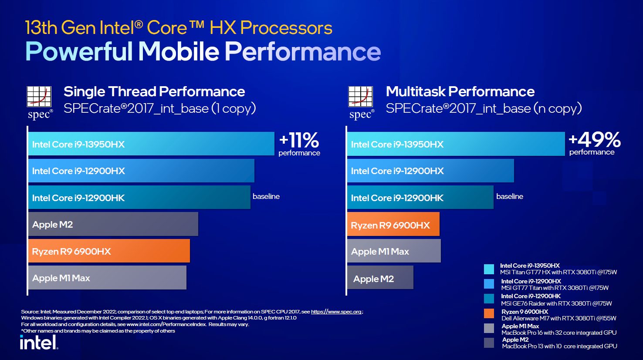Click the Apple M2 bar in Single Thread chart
click(113, 224)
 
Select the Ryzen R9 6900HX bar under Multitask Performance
click(393, 224)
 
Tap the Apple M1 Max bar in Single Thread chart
click(107, 278)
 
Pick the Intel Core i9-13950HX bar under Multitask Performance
click(455, 144)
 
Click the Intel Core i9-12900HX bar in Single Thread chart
click(141, 171)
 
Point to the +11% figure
click(299, 141)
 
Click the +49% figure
click(595, 140)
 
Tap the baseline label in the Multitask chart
click(510, 196)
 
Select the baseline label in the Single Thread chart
click(266, 196)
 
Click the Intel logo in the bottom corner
click(39, 342)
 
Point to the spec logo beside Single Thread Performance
click(40, 102)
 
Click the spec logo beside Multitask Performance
click(361, 102)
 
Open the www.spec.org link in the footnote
click(336, 312)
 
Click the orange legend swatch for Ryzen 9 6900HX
click(489, 313)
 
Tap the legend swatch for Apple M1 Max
click(489, 328)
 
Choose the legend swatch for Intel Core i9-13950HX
click(489, 269)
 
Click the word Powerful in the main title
click(79, 51)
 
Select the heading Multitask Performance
click(460, 91)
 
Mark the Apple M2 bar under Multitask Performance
click(380, 278)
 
